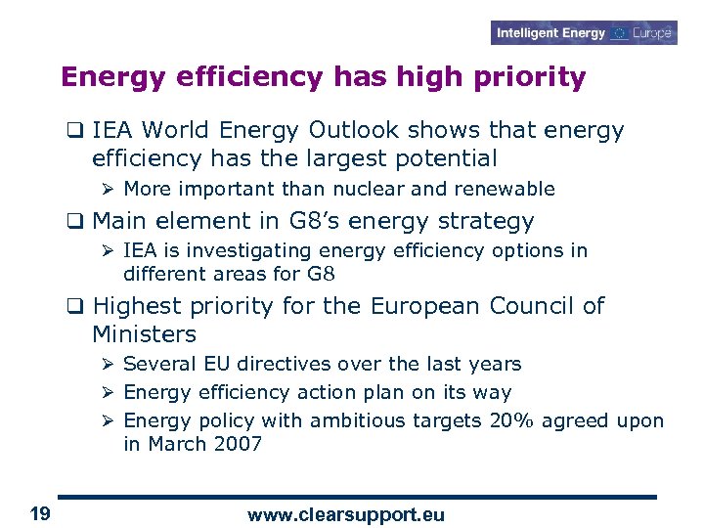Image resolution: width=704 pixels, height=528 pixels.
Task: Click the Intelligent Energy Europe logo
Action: tap(585, 33)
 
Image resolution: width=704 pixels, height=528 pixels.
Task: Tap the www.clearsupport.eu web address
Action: tap(346, 514)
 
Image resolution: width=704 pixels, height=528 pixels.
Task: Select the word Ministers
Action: tap(144, 334)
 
